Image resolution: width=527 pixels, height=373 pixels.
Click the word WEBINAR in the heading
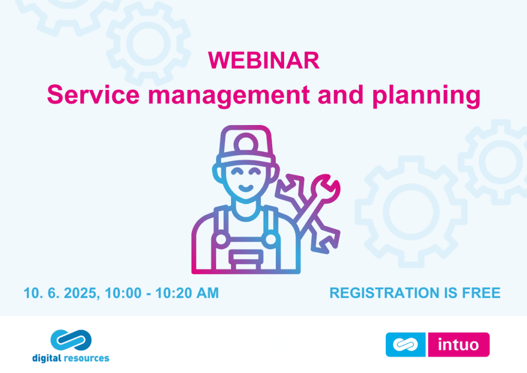(x=264, y=61)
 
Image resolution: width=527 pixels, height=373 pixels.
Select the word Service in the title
(x=93, y=95)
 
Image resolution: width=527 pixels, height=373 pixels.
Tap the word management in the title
(x=229, y=96)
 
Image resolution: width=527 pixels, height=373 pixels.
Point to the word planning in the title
(x=426, y=96)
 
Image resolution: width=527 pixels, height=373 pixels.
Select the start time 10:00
(x=123, y=293)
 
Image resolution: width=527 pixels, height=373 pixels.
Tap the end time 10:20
(x=173, y=293)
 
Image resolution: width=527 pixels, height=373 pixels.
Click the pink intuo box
(x=459, y=344)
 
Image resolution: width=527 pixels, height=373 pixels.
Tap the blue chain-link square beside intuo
(x=406, y=344)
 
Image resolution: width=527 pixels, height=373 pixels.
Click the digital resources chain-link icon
(x=71, y=340)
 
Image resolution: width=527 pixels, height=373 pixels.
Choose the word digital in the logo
(x=46, y=359)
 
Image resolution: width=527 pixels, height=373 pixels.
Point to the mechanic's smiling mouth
(x=246, y=187)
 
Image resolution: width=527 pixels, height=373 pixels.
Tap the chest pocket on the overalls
(x=246, y=259)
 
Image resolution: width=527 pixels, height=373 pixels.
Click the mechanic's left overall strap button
(x=221, y=240)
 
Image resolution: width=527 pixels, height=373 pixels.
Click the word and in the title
(x=341, y=95)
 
